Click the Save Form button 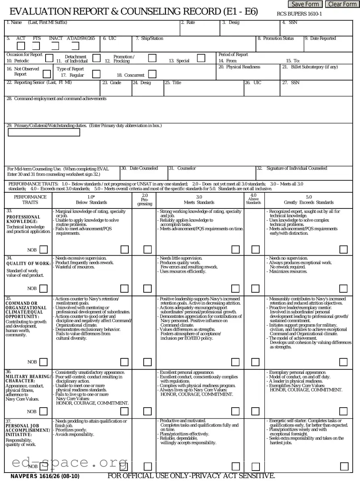click(305, 4)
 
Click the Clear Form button click(342, 4)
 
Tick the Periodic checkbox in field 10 click(49, 58)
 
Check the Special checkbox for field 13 click(201, 58)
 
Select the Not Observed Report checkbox click(47, 74)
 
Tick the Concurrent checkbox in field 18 click(152, 74)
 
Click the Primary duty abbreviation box click(44, 132)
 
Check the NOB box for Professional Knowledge click(44, 250)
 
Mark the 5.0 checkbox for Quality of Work click(343, 288)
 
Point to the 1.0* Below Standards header click(91, 200)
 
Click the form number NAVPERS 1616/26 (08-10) click(45, 477)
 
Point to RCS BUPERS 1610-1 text click(299, 14)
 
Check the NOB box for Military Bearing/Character click(44, 411)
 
